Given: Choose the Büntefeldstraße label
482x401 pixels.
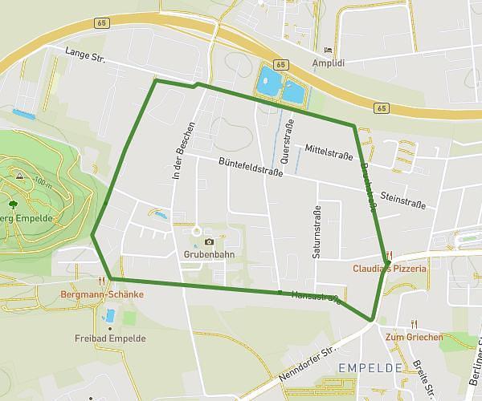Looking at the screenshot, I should pyautogui.click(x=251, y=169).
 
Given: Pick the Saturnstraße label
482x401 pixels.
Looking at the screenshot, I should pyautogui.click(x=317, y=233).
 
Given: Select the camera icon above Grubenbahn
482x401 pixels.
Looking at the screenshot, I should pyautogui.click(x=209, y=241).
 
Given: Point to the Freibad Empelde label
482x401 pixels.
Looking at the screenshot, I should pyautogui.click(x=110, y=338).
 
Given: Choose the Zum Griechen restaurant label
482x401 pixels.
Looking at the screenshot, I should pyautogui.click(x=414, y=338).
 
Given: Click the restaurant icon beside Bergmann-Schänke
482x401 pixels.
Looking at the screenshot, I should pyautogui.click(x=101, y=281).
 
